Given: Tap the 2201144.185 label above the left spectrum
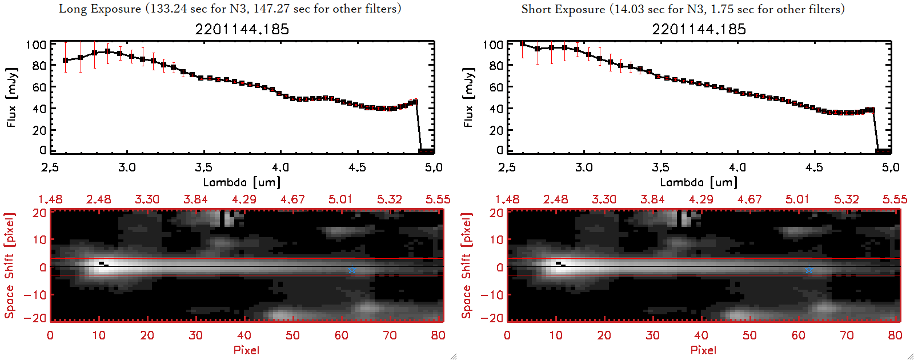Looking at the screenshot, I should (242, 29).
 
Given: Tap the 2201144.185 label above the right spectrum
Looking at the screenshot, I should (699, 29).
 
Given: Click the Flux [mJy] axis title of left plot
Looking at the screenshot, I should (12, 97).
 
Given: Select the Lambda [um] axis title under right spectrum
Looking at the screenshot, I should (699, 182).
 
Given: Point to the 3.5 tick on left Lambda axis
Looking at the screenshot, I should (203, 167).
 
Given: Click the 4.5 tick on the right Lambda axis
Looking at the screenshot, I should (814, 167).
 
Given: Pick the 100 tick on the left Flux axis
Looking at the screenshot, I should (36, 45).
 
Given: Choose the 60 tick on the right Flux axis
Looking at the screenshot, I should (496, 87).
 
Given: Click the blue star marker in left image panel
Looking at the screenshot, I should (352, 270).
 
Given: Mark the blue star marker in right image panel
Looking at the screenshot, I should (809, 270).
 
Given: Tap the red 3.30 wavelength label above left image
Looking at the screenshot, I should (147, 199).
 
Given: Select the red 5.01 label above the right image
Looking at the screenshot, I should (797, 199).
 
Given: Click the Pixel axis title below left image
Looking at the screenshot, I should (246, 350).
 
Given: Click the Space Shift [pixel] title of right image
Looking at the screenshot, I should (467, 266).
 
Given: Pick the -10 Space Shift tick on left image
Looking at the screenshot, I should (35, 294).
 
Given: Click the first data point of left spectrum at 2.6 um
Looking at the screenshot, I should (66, 60).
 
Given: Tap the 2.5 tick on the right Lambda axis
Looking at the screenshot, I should (507, 167).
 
